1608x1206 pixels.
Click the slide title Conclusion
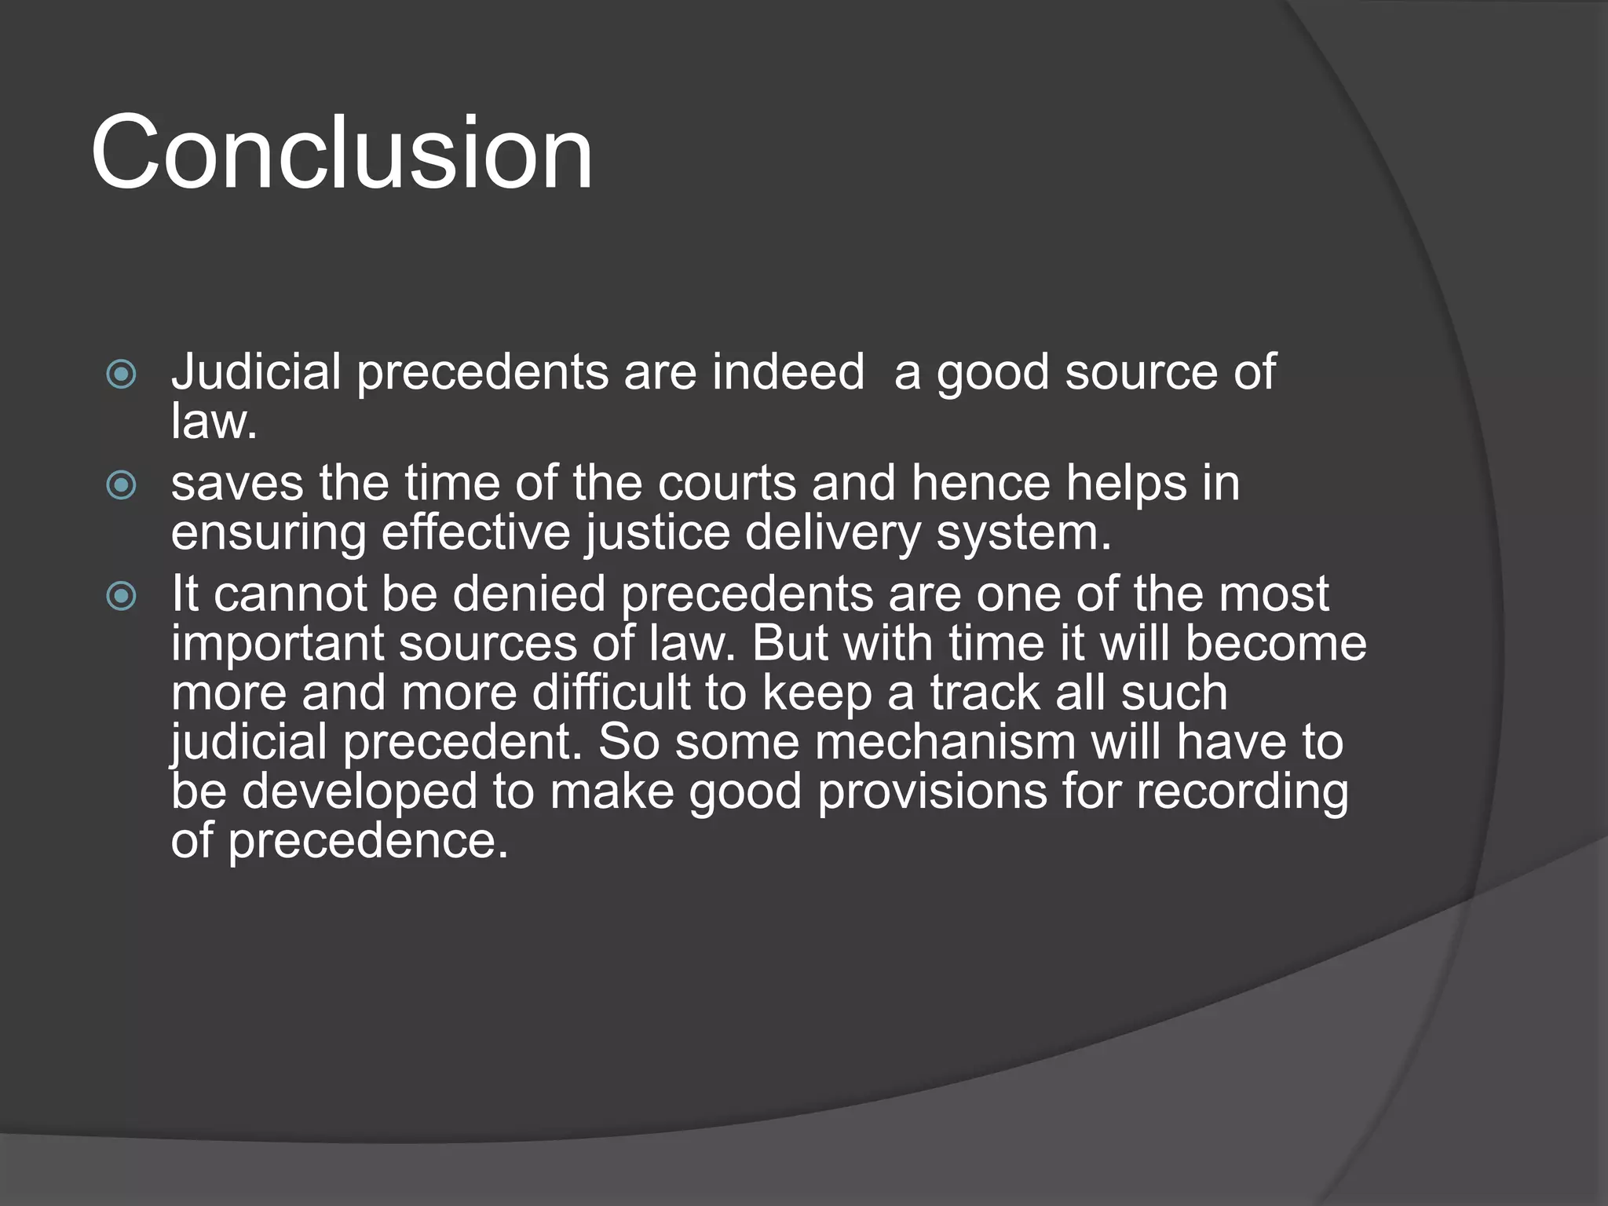pyautogui.click(x=342, y=153)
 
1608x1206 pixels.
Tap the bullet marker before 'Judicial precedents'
pyautogui.click(x=121, y=375)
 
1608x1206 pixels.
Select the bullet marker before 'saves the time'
pyautogui.click(x=121, y=485)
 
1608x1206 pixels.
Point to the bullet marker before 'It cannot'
pyautogui.click(x=121, y=597)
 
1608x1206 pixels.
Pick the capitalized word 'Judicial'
pyautogui.click(x=256, y=372)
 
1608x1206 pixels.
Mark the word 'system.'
pyautogui.click(x=1024, y=534)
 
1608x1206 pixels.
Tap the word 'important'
pyautogui.click(x=277, y=645)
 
